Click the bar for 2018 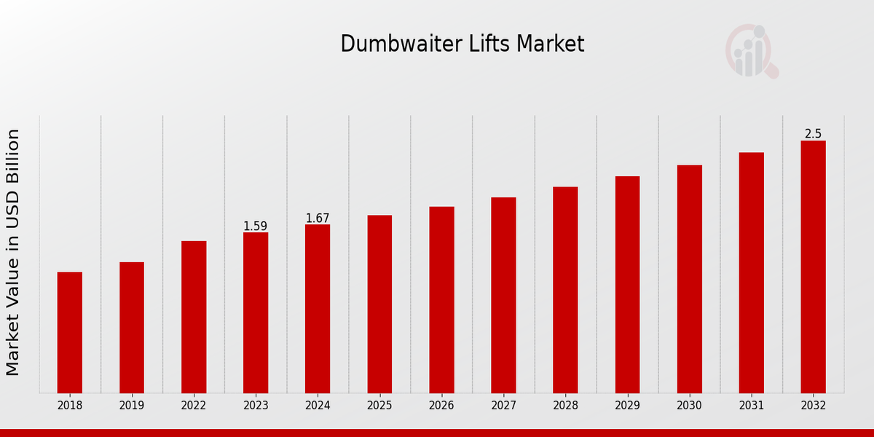(70, 332)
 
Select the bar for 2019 (132, 328)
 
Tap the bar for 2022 (194, 317)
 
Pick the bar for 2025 (379, 304)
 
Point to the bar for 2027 (503, 295)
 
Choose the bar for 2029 (627, 284)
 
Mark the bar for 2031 (751, 272)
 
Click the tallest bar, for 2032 (813, 267)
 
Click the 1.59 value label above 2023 (256, 227)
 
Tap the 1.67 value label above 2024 (318, 219)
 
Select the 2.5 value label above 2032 (813, 134)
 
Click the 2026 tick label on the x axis (441, 406)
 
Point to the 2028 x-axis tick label (565, 406)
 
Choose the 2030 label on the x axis (689, 406)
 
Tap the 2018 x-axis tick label (70, 406)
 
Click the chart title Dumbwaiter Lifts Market (462, 44)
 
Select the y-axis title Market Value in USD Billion (14, 252)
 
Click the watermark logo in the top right (752, 51)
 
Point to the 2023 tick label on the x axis (256, 406)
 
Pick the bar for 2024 (318, 309)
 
